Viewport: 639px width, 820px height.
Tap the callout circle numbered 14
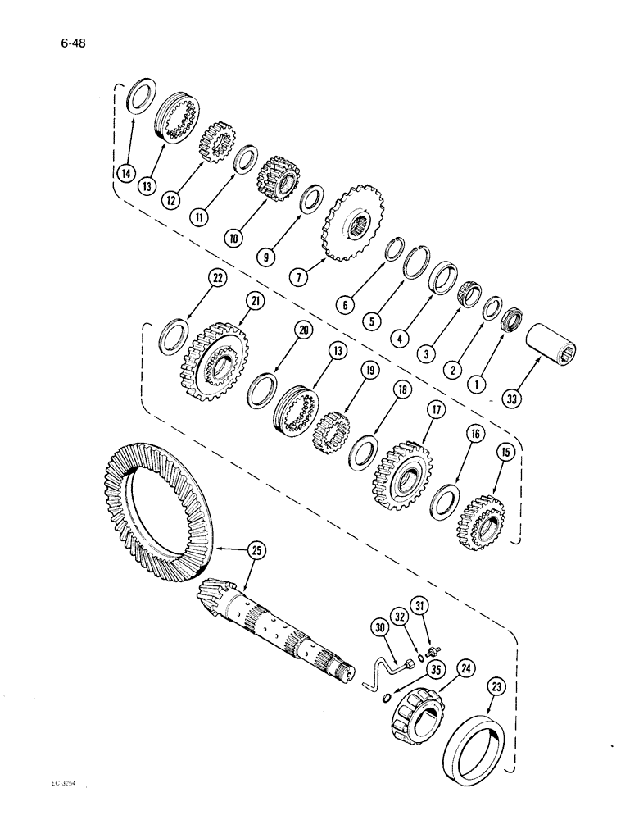coord(125,173)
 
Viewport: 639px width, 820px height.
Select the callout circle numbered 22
coord(193,280)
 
